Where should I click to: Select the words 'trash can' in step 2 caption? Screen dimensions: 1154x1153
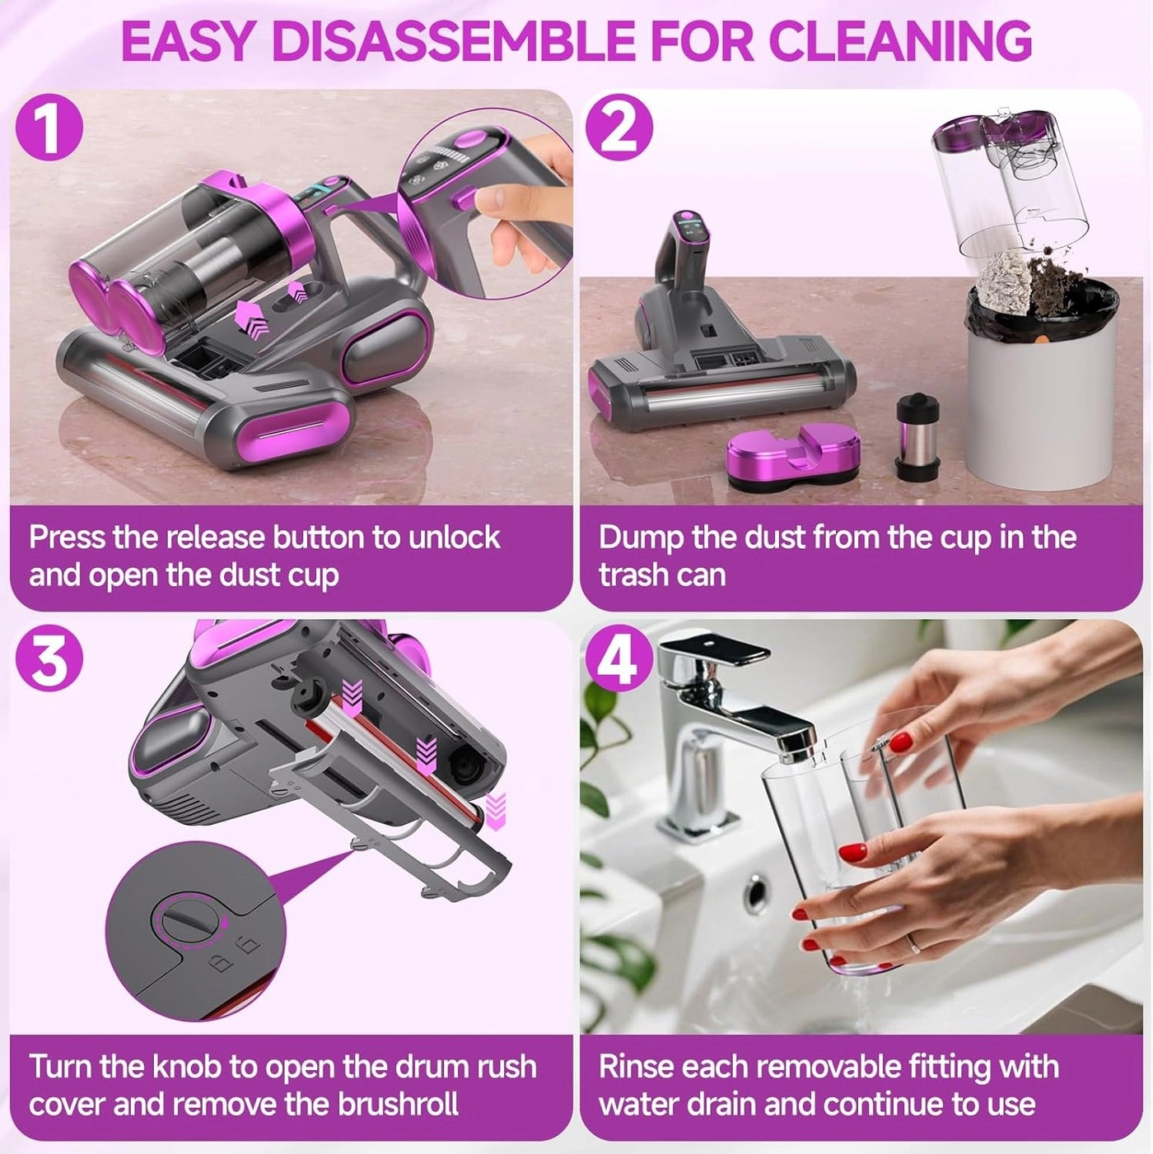coord(662,575)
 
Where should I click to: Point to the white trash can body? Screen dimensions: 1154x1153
coord(1041,403)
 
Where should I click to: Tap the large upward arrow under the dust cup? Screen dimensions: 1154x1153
coord(252,318)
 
